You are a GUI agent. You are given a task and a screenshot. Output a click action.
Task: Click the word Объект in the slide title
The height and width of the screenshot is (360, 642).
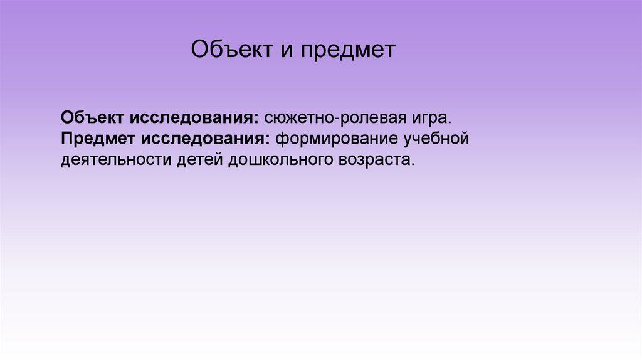point(230,50)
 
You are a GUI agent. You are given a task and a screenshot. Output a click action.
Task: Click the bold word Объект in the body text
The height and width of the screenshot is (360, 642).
point(93,118)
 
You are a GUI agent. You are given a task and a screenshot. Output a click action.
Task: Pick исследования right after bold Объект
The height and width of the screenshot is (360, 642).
point(192,118)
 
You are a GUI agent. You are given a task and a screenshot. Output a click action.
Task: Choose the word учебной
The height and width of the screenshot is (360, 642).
point(436,138)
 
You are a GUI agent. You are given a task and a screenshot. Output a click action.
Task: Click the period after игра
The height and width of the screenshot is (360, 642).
point(450,122)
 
